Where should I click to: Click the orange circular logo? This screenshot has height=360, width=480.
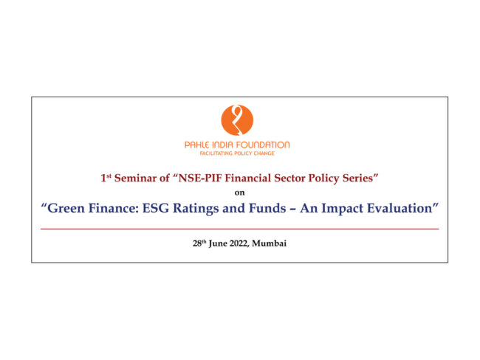(x=237, y=120)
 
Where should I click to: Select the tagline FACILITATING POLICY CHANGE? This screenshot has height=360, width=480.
(x=237, y=153)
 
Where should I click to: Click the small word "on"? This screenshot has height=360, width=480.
(x=240, y=193)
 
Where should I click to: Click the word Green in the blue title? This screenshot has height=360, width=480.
(x=66, y=208)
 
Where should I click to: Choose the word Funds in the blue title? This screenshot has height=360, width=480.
(x=267, y=208)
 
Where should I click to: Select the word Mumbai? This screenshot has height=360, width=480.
(x=270, y=243)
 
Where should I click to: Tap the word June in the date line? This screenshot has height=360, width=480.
(x=219, y=243)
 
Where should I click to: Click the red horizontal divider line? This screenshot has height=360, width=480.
(x=240, y=229)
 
